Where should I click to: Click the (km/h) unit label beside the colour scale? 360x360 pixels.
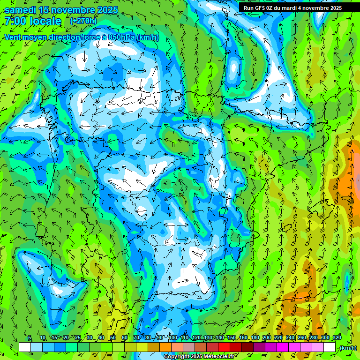pos(348,348)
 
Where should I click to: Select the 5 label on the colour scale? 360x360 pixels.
pos(30,338)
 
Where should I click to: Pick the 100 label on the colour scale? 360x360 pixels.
pos(173,338)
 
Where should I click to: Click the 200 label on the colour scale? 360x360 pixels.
pos(267,338)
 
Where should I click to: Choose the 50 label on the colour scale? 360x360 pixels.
pos(112,338)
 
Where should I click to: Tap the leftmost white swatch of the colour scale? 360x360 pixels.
pos(25,347)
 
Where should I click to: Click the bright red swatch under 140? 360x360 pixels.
pos(224,347)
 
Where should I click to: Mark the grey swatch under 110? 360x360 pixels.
pos(189,347)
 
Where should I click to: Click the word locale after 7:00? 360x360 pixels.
pos(46,21)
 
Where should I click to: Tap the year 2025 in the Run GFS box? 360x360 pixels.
pos(336,7)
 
